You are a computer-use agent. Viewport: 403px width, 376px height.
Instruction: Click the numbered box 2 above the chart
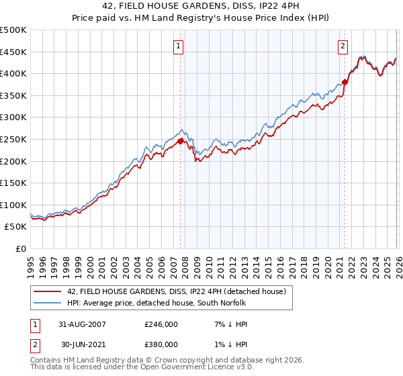tap(343, 46)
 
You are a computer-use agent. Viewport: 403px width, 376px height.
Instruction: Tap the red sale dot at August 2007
tap(181, 141)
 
